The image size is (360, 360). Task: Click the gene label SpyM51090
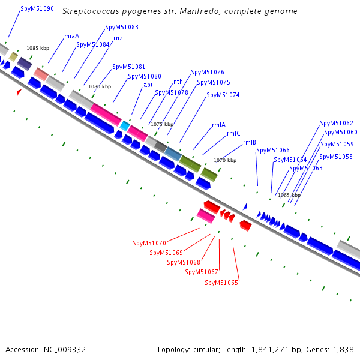[37, 9]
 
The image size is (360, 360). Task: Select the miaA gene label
[72, 36]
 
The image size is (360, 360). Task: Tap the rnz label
[118, 38]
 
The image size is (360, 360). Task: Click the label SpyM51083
[122, 27]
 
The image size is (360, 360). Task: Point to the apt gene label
[148, 85]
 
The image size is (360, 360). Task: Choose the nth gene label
[178, 82]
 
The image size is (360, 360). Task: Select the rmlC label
[233, 133]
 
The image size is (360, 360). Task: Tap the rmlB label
[250, 142]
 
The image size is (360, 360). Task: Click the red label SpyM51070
[149, 243]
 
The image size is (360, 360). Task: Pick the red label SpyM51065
[221, 283]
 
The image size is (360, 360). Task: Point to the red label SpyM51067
[202, 272]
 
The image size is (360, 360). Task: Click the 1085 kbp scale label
[38, 48]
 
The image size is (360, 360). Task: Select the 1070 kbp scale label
[225, 160]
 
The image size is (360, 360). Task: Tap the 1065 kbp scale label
[289, 195]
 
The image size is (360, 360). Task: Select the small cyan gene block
[125, 125]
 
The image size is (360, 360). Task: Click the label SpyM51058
[336, 157]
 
